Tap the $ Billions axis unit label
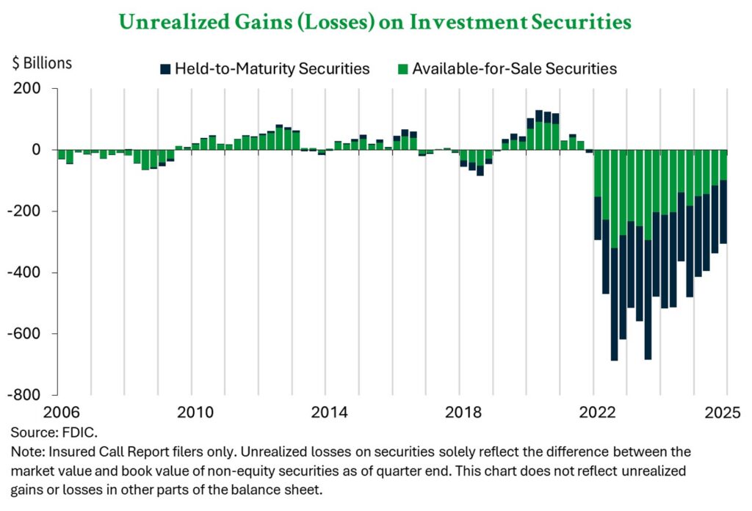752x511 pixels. click(42, 63)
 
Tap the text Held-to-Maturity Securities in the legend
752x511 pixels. click(272, 69)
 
